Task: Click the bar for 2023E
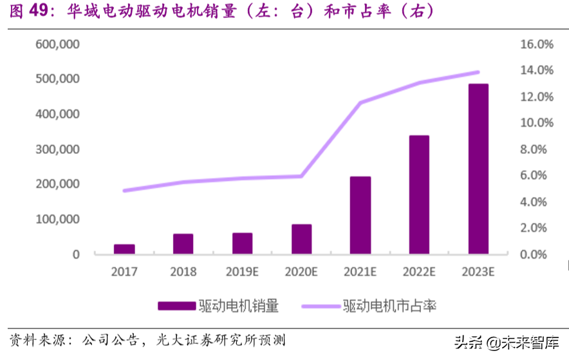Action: (478, 169)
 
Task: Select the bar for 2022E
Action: (419, 195)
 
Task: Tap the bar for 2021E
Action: (360, 215)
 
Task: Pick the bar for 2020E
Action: (301, 239)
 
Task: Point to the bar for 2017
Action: (124, 249)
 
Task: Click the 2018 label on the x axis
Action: (183, 272)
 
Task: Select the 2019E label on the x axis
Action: (242, 272)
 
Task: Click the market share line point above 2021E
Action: (360, 103)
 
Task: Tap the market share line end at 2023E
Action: (478, 72)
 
